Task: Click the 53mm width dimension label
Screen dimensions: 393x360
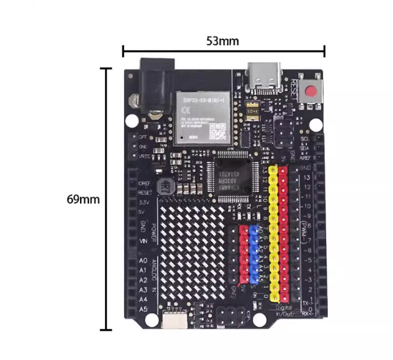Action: click(223, 41)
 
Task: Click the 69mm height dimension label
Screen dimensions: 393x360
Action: click(83, 199)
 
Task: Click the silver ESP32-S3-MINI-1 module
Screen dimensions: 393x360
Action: click(202, 118)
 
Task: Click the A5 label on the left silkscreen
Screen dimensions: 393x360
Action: click(143, 309)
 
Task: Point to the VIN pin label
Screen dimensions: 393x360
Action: click(143, 240)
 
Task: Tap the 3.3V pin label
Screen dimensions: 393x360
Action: click(144, 203)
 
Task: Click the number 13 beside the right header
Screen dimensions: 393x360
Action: click(306, 178)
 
